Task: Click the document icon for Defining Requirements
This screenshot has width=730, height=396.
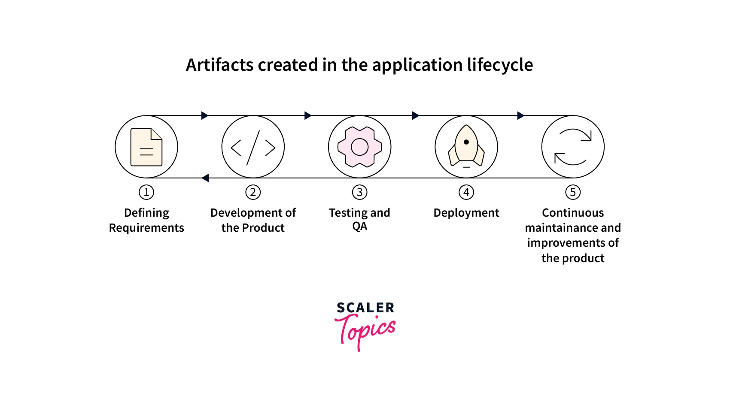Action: (146, 147)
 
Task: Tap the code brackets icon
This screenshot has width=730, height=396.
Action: (253, 148)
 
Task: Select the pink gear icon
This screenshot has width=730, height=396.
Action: (359, 147)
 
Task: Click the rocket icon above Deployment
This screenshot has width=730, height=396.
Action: (466, 146)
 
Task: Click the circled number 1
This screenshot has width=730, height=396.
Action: (146, 192)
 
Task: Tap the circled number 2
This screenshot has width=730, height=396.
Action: (253, 192)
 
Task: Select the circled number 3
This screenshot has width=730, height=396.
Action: (359, 192)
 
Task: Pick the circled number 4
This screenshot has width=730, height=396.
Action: (466, 192)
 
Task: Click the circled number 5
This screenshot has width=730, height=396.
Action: (573, 192)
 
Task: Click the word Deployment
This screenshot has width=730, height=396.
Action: (466, 213)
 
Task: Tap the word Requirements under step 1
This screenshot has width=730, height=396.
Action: (146, 228)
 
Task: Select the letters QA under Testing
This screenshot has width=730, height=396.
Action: (359, 227)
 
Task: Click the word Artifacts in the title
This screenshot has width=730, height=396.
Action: (220, 64)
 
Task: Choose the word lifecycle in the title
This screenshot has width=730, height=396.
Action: (500, 65)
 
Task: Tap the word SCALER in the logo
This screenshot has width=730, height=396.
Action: (365, 308)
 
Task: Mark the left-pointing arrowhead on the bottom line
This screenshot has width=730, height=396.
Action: (205, 178)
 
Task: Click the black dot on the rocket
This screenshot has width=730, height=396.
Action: (466, 142)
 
